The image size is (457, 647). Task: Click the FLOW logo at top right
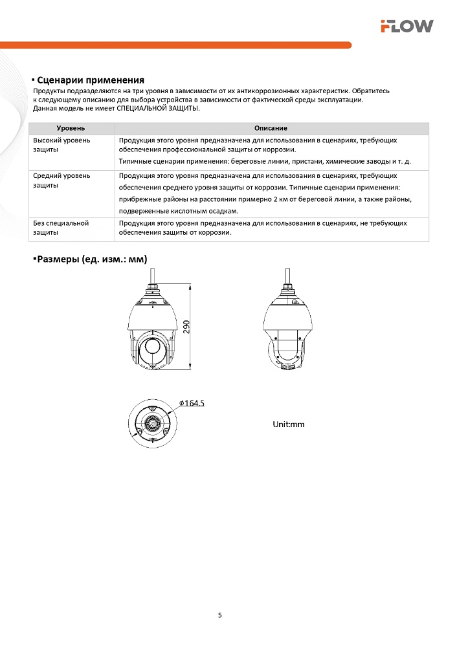407,26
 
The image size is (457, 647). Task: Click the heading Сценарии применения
90,80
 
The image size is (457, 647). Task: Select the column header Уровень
71,129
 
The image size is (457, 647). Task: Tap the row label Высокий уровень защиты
61,144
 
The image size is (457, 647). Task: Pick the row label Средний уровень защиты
61,180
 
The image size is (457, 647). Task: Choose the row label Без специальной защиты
60,227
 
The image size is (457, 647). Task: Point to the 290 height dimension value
187,327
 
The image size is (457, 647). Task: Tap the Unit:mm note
288,424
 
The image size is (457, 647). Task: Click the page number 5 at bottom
220,615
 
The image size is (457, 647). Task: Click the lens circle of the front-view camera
153,345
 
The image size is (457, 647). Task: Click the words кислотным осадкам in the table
206,211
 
